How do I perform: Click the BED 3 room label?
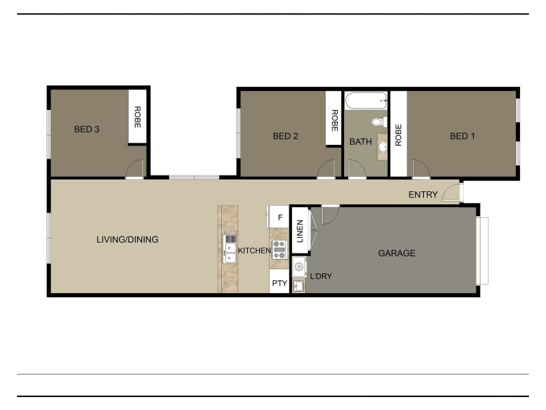click(87, 129)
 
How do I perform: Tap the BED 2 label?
click(285, 136)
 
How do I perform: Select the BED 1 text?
click(462, 136)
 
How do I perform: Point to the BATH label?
click(360, 142)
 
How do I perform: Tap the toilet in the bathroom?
click(377, 122)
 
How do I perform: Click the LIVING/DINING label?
click(127, 240)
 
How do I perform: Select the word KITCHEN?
click(254, 251)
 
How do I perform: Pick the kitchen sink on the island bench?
click(230, 251)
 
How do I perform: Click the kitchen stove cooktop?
click(279, 249)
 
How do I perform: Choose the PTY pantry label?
click(279, 282)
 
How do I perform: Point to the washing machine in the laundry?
click(299, 266)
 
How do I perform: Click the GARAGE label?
click(397, 254)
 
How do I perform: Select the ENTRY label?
click(423, 195)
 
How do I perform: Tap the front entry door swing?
click(451, 193)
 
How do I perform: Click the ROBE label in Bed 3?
click(137, 117)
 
